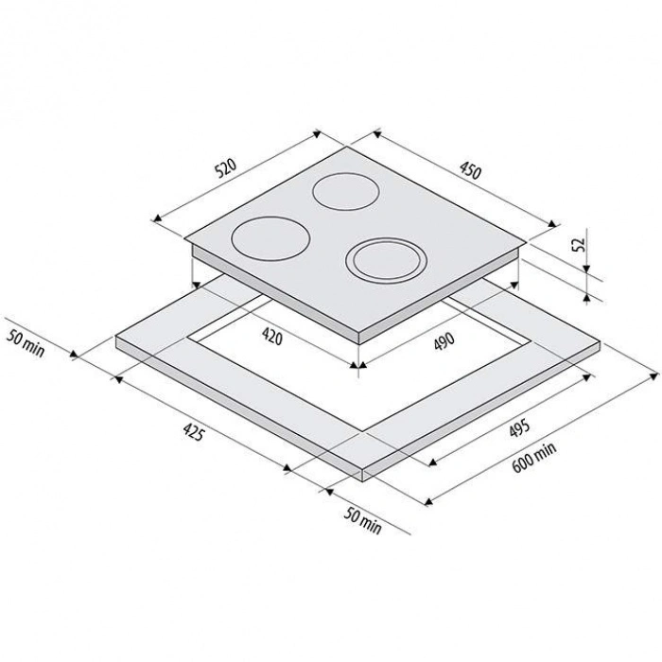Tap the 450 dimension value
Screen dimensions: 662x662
click(x=470, y=170)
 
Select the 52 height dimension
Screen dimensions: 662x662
click(x=579, y=245)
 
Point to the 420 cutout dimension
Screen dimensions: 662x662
click(x=272, y=336)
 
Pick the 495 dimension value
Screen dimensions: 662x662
click(x=519, y=428)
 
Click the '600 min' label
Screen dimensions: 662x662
click(x=534, y=457)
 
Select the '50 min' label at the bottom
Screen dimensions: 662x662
click(x=362, y=520)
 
